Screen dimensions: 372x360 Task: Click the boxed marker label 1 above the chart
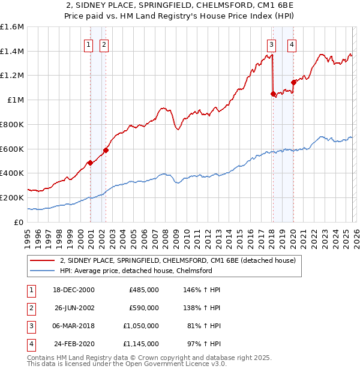(89, 44)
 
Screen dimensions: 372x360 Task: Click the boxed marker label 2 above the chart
(104, 44)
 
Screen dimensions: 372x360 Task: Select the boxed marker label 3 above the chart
(271, 44)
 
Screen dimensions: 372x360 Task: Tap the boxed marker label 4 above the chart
(292, 44)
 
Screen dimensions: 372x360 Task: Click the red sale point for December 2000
(90, 163)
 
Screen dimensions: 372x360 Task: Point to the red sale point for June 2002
(106, 150)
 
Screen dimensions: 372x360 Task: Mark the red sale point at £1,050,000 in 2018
(273, 94)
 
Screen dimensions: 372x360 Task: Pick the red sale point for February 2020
(293, 82)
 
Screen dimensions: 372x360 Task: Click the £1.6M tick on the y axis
(12, 27)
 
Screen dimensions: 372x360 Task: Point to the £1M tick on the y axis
(15, 100)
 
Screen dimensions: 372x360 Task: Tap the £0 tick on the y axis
(19, 222)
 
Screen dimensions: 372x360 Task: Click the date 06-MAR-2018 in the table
(73, 327)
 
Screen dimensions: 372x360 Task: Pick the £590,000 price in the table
(144, 308)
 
